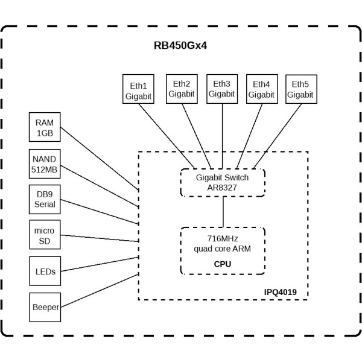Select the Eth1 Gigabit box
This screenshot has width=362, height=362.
(x=138, y=90)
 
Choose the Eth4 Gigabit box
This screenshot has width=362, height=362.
(x=262, y=89)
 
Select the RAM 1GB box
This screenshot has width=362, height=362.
(x=45, y=128)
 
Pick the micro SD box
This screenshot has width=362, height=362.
(x=45, y=235)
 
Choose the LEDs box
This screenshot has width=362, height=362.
(x=45, y=271)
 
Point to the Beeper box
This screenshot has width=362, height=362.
(x=45, y=307)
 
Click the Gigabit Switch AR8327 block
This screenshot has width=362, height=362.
(x=223, y=182)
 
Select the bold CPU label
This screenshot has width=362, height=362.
(x=223, y=264)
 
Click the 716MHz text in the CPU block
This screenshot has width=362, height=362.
(x=223, y=240)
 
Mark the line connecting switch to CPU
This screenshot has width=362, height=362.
(x=223, y=211)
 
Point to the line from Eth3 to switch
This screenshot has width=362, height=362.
(x=223, y=136)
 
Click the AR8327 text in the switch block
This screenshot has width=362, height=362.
(x=223, y=188)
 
